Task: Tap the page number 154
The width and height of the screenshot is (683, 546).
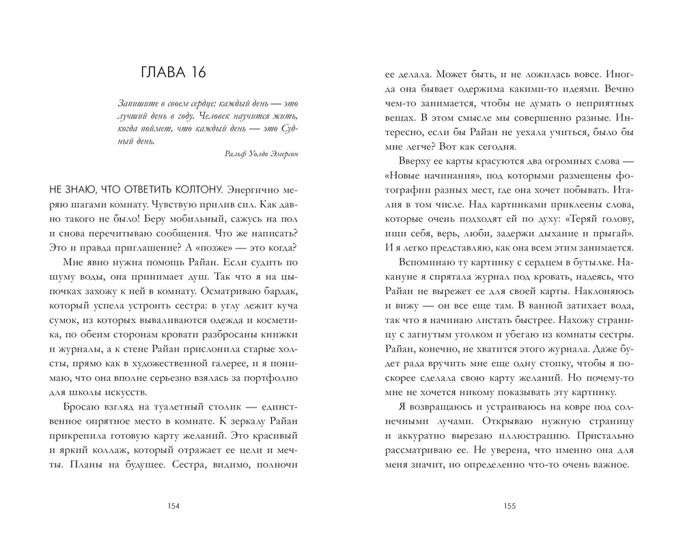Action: coord(173,506)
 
